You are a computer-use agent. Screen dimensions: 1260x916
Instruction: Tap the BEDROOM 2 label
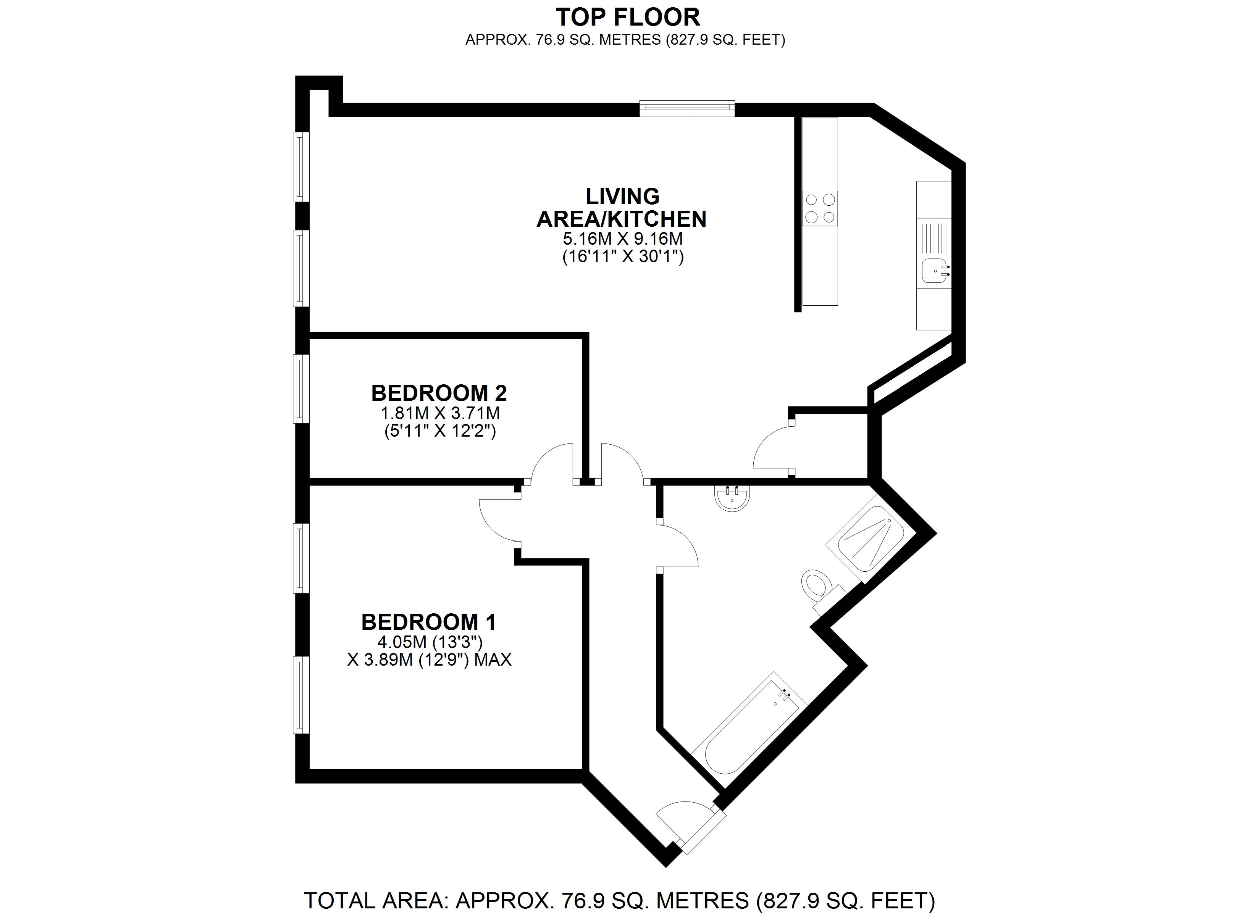439,393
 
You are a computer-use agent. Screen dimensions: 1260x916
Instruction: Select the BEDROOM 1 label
428,622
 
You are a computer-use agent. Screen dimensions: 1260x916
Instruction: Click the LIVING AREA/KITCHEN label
622,208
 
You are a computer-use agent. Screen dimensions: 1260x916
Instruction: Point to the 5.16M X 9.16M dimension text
623,239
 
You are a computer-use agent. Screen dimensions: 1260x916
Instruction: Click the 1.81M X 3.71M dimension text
440,413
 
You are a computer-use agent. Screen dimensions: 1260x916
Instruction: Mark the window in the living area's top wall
687,108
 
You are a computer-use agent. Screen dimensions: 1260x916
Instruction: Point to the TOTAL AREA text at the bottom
619,900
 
